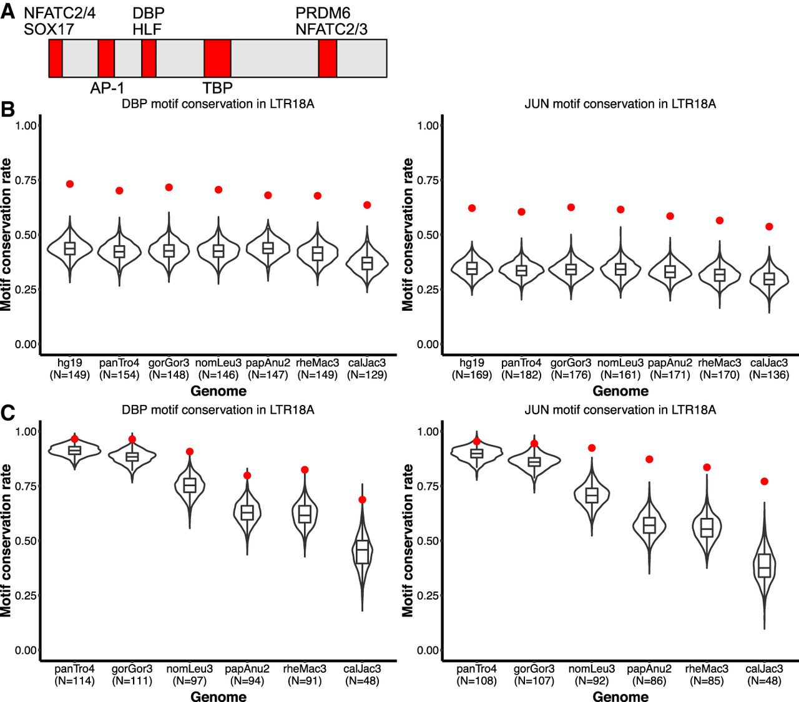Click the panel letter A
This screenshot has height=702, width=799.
pyautogui.click(x=8, y=11)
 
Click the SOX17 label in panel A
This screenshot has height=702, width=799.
pyautogui.click(x=49, y=29)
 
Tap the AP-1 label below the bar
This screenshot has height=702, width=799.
pyautogui.click(x=107, y=88)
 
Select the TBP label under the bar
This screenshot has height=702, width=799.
pyautogui.click(x=217, y=88)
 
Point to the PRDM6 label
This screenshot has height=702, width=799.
pyautogui.click(x=323, y=13)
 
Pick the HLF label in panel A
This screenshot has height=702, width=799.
pyautogui.click(x=147, y=29)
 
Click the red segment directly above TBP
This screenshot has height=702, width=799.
pyautogui.click(x=217, y=58)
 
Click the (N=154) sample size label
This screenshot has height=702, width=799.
pyautogui.click(x=119, y=375)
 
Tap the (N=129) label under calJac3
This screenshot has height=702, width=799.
pyautogui.click(x=367, y=375)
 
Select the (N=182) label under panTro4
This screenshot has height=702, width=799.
pyautogui.click(x=521, y=375)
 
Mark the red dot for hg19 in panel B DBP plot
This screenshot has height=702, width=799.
pyautogui.click(x=70, y=184)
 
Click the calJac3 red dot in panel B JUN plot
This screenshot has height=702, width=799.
pyautogui.click(x=769, y=227)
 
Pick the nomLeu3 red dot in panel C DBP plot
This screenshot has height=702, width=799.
pyautogui.click(x=190, y=452)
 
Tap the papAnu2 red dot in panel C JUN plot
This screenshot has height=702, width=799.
pyautogui.click(x=649, y=459)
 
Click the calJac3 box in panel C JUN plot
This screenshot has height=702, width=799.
pyautogui.click(x=765, y=565)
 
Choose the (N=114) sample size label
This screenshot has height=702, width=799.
pyautogui.click(x=75, y=681)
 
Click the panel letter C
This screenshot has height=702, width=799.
pyautogui.click(x=8, y=414)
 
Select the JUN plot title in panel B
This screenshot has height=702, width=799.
pyautogui.click(x=620, y=104)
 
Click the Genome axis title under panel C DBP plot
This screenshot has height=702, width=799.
pyautogui.click(x=218, y=696)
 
